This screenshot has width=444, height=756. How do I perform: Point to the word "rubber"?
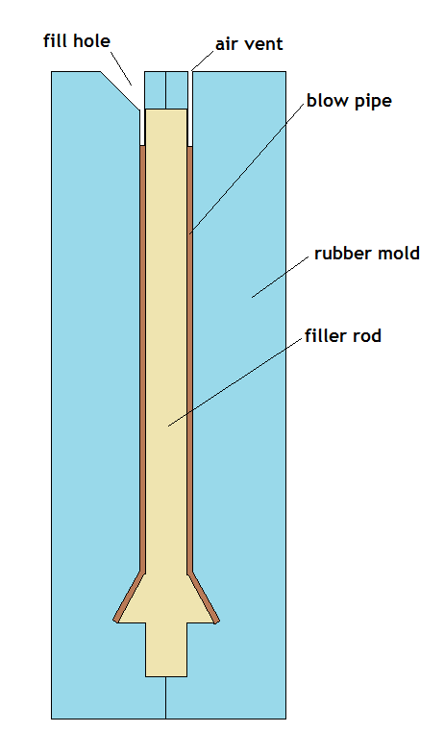coord(344,254)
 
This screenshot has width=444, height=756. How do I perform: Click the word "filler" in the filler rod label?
coord(326,335)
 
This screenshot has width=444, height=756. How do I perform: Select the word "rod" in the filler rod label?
coord(367,335)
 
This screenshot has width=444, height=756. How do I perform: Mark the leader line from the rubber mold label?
coord(281,277)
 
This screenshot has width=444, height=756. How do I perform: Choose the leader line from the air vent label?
coord(202,61)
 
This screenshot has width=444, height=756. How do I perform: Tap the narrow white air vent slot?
coord(190,109)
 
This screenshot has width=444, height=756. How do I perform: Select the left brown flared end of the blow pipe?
coord(130,597)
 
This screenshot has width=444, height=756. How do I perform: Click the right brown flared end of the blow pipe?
coord(203,597)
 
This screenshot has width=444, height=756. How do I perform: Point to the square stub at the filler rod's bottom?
coord(166,649)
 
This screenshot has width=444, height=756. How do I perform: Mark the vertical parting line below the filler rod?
coord(166,697)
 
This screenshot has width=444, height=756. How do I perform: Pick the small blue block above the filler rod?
coord(166,90)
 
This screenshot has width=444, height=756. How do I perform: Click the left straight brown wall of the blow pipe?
coord(143,359)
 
